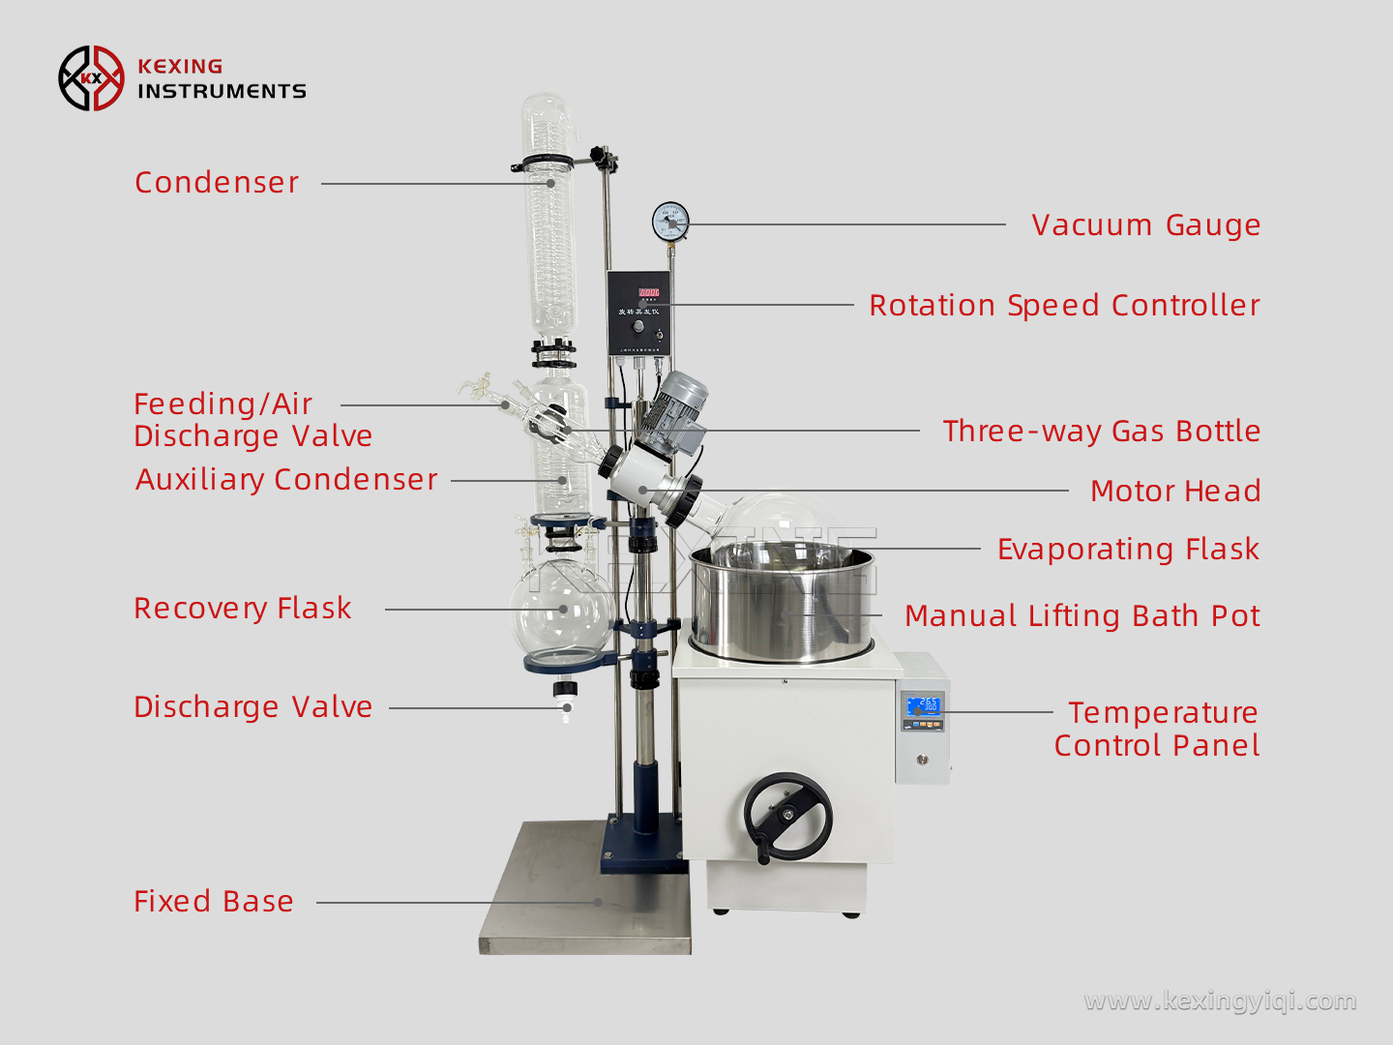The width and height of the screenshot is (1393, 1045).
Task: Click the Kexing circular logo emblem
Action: click(x=91, y=78)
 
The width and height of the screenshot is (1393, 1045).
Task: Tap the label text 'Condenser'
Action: click(x=217, y=183)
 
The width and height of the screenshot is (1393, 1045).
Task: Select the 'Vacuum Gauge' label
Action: click(x=1145, y=225)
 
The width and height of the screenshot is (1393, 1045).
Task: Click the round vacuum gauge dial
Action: click(x=670, y=222)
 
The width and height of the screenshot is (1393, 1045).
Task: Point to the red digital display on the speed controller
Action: click(x=648, y=292)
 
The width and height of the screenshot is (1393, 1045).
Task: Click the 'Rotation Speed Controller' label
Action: click(x=1064, y=306)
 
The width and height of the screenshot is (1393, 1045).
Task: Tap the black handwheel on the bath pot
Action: click(x=787, y=816)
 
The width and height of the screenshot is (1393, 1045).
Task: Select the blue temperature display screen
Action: click(x=924, y=705)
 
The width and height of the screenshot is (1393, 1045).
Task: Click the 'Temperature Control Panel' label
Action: click(x=1158, y=729)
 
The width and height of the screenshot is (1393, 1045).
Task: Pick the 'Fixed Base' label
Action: click(x=214, y=902)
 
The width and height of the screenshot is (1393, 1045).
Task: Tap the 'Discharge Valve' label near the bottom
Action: click(x=252, y=707)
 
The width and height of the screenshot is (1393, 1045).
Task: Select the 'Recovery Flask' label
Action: click(x=243, y=609)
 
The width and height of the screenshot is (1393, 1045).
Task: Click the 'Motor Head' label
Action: click(x=1174, y=492)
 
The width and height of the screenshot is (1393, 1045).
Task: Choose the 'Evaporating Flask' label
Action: click(x=1128, y=550)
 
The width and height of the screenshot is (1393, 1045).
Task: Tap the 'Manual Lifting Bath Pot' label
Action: click(x=1082, y=616)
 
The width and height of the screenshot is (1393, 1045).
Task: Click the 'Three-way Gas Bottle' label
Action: click(x=1101, y=432)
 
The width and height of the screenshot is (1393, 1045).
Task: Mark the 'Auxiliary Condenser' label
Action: click(x=286, y=480)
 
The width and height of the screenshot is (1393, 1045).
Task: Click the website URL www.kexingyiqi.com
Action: click(x=1220, y=1000)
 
